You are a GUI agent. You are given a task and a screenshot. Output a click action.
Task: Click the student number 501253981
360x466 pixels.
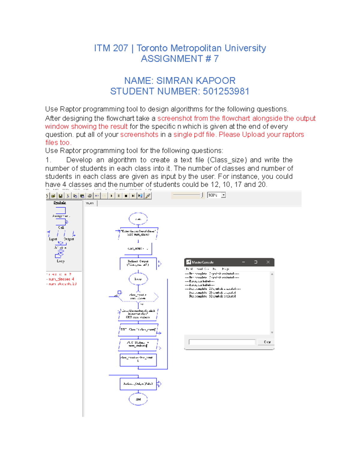[226, 91]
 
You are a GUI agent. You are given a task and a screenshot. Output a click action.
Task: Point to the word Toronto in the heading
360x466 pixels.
[152, 48]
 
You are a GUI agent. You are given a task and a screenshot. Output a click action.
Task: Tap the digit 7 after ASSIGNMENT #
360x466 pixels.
[216, 59]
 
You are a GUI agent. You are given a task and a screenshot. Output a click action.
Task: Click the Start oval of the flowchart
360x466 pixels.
[138, 219]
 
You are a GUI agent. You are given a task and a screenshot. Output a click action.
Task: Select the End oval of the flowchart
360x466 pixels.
[138, 399]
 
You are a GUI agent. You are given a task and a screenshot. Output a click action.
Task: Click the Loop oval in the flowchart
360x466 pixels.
[138, 279]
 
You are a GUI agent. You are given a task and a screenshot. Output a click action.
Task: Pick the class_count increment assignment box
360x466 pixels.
[138, 359]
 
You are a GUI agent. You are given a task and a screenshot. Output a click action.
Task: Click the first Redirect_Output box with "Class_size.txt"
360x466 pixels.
[138, 263]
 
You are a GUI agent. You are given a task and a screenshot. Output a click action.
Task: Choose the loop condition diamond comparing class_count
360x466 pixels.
[138, 296]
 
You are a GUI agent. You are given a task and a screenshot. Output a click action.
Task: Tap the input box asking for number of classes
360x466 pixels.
[138, 233]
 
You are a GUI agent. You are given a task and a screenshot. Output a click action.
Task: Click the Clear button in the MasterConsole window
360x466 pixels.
[267, 342]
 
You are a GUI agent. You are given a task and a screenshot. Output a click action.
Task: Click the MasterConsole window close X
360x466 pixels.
[268, 262]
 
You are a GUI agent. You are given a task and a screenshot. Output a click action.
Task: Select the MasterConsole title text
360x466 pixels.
[202, 262]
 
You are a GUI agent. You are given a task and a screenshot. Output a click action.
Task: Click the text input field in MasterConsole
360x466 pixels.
[222, 342]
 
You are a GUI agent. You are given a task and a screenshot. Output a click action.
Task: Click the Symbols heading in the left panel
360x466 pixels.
[60, 203]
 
